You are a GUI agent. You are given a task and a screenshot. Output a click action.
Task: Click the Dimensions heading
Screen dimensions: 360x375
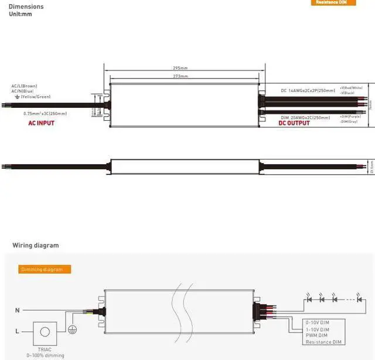[x=26, y=6]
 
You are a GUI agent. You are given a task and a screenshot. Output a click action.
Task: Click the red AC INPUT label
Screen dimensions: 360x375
[x=41, y=124]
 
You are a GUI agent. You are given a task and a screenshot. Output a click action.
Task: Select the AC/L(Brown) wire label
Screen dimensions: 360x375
[x=24, y=86]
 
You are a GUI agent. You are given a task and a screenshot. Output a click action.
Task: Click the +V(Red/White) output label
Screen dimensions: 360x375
[x=350, y=87]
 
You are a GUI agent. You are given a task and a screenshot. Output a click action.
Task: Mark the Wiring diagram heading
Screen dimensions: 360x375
[x=36, y=246]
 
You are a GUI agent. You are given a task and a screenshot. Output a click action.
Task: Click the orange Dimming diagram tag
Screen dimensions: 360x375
[x=45, y=270]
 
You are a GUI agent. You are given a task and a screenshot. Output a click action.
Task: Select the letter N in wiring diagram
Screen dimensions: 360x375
[x=16, y=309]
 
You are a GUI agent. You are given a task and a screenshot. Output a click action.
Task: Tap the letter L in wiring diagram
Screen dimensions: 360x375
[x=16, y=331]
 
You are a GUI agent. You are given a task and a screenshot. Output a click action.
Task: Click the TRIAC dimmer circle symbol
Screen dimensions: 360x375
[x=45, y=331]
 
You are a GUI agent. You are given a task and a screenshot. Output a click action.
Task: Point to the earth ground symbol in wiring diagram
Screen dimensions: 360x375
[x=73, y=330]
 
